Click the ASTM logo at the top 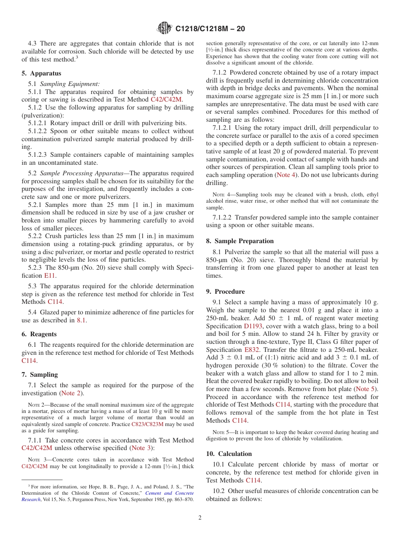click(x=164, y=28)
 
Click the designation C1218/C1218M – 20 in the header click(x=210, y=29)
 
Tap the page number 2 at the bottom click(x=200, y=518)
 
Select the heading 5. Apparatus click(x=41, y=73)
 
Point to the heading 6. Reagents click(x=39, y=334)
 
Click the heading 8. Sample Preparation click(x=240, y=241)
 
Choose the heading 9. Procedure click(x=225, y=292)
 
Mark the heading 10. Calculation click(x=229, y=454)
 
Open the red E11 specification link click(x=49, y=276)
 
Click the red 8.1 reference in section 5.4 click(x=81, y=320)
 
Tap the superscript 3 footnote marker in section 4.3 click(x=77, y=58)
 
